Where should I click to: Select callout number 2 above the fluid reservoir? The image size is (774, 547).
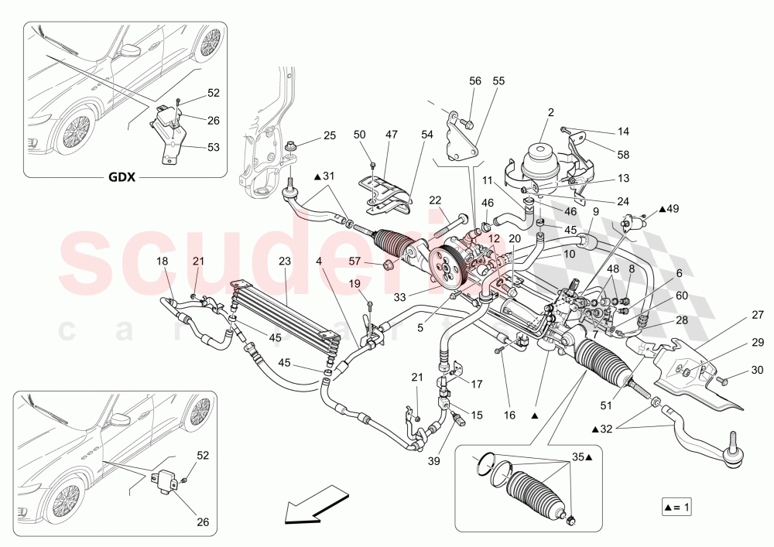click(x=550, y=113)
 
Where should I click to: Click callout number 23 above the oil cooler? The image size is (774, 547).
click(x=284, y=261)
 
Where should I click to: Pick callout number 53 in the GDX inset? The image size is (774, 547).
click(x=214, y=146)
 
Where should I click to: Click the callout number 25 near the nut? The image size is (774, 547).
click(x=330, y=136)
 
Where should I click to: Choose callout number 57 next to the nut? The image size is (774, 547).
click(x=355, y=261)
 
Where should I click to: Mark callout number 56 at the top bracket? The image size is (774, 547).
click(x=475, y=80)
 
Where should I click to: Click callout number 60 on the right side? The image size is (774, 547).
click(x=682, y=296)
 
